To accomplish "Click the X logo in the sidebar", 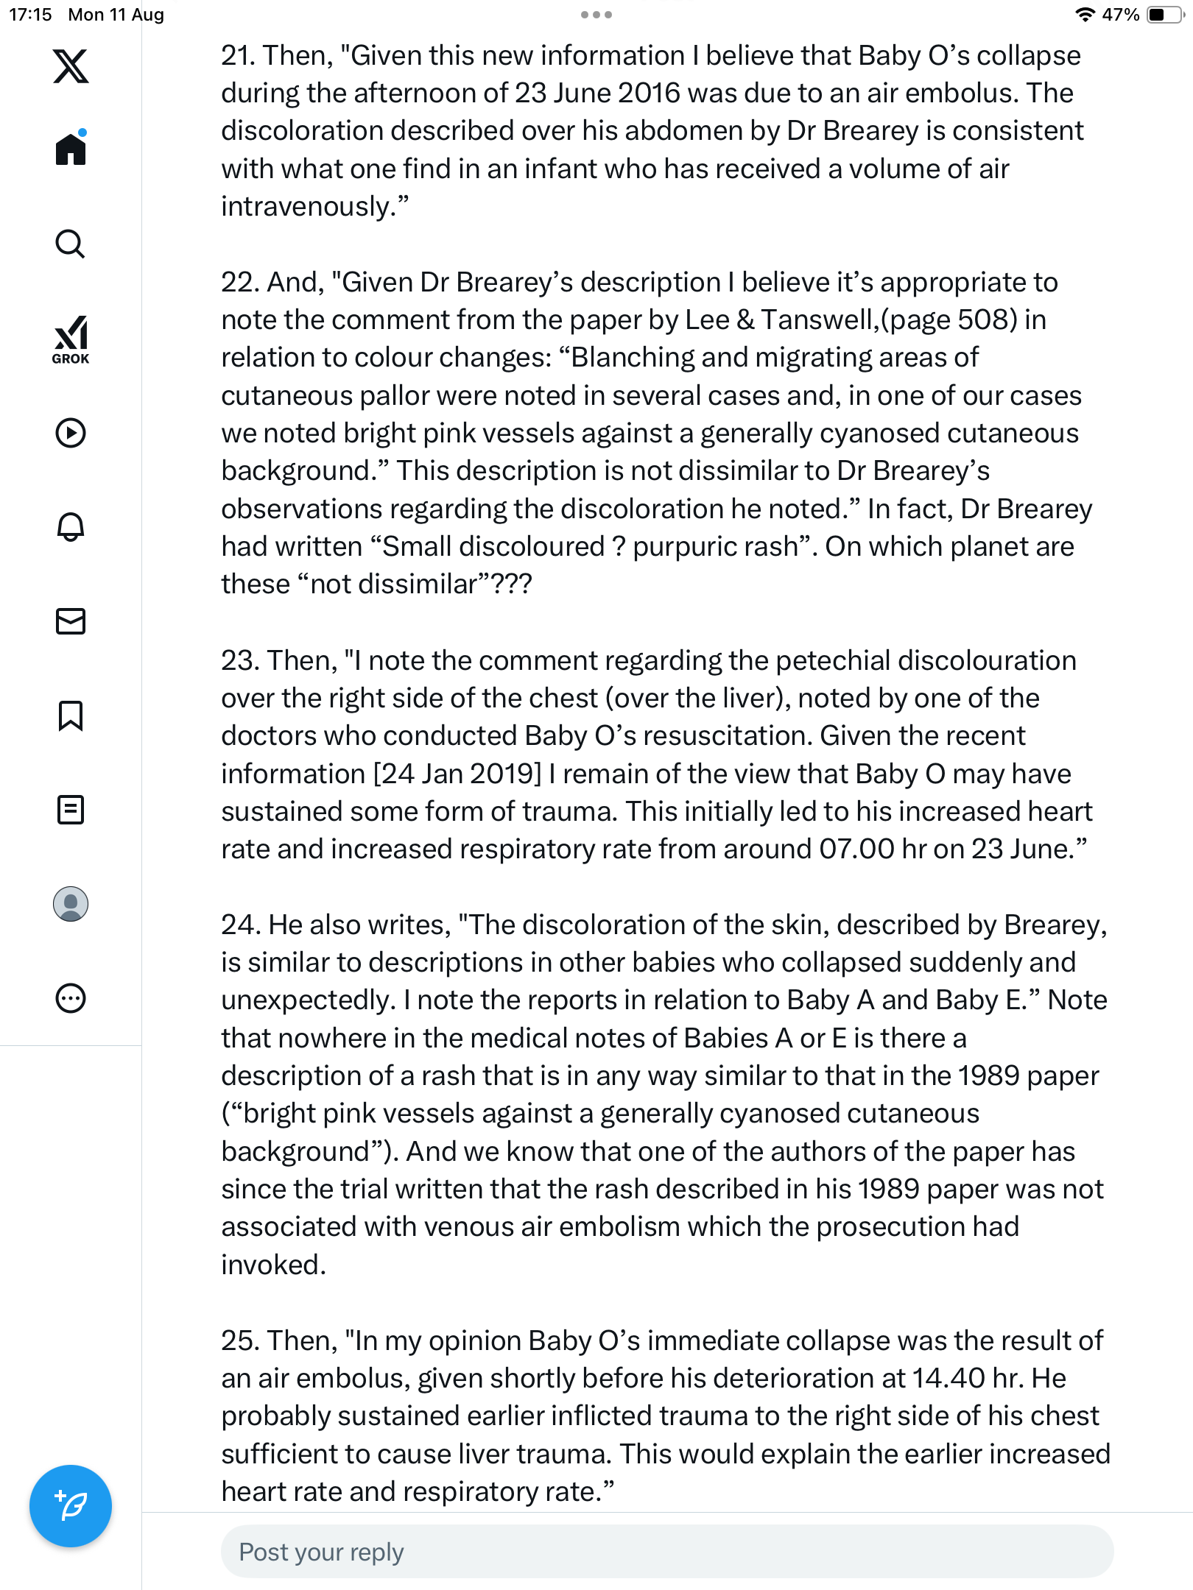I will coord(71,66).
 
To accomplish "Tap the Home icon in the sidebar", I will coord(71,149).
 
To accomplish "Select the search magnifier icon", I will coord(71,244).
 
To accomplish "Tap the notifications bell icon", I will coord(71,527).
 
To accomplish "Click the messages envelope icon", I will coord(71,621).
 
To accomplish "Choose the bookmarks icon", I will coord(71,715).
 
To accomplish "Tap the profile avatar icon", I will coord(71,904).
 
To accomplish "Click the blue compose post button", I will coord(71,1506).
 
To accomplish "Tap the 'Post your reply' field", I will coord(666,1552).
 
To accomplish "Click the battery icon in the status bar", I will coord(1164,15).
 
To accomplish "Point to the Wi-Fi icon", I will coord(1085,15).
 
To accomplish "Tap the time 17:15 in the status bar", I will coord(30,15).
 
